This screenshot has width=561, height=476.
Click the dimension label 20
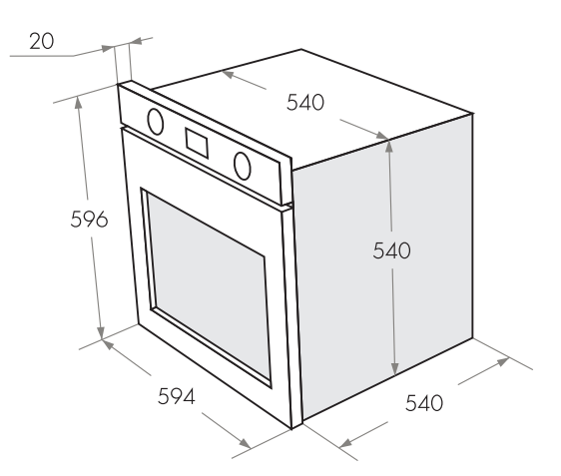(42, 41)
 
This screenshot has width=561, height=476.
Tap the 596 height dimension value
(89, 220)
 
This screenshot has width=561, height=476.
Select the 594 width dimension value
(177, 396)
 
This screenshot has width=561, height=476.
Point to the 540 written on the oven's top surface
(305, 102)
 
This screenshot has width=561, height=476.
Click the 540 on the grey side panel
(391, 250)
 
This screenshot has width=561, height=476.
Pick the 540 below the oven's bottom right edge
(424, 403)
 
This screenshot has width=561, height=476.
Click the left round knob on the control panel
(156, 122)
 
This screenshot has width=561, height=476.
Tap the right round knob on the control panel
(243, 166)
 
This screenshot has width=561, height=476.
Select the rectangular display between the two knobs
(197, 143)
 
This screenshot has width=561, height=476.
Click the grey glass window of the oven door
(209, 285)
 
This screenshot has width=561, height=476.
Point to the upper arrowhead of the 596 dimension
(78, 102)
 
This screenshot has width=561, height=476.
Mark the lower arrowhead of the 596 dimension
(101, 332)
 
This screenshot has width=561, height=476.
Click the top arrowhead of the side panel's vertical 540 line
(389, 146)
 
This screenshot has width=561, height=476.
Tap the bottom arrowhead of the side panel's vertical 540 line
(394, 368)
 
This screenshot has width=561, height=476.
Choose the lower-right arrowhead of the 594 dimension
(245, 443)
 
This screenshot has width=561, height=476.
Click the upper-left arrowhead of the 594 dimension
(108, 344)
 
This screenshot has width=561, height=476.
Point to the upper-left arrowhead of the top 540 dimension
(228, 74)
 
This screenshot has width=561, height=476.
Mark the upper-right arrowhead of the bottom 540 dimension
(503, 361)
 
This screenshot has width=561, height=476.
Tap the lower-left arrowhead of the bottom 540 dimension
(345, 443)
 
